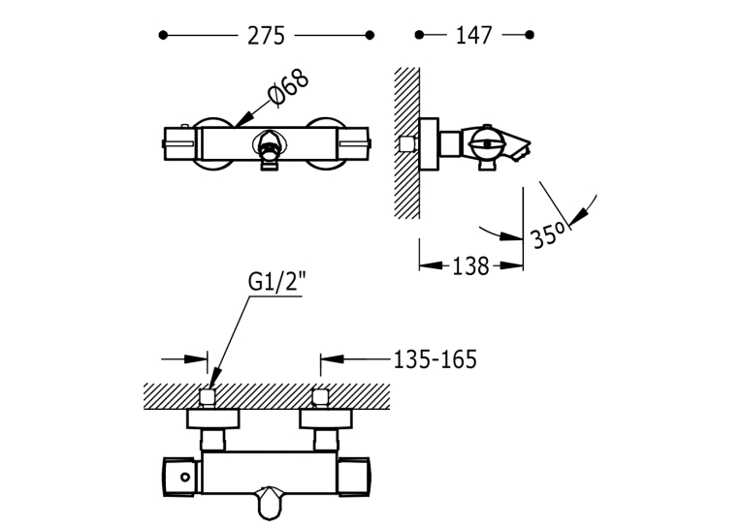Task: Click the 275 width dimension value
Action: tap(266, 36)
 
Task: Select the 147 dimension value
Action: tap(473, 36)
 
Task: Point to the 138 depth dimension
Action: tap(470, 266)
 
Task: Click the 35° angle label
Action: tap(548, 234)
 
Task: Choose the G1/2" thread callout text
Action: tap(277, 282)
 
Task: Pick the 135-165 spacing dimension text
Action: tap(435, 359)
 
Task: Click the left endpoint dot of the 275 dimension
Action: tap(163, 35)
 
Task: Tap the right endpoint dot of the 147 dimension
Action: tap(530, 35)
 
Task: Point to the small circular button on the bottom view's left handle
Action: tap(185, 478)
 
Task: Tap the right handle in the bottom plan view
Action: tap(353, 477)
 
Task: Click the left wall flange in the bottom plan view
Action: tap(213, 419)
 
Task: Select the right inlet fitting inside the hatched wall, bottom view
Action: tap(320, 398)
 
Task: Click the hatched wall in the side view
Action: tap(407, 142)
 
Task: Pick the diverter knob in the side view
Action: tap(487, 143)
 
